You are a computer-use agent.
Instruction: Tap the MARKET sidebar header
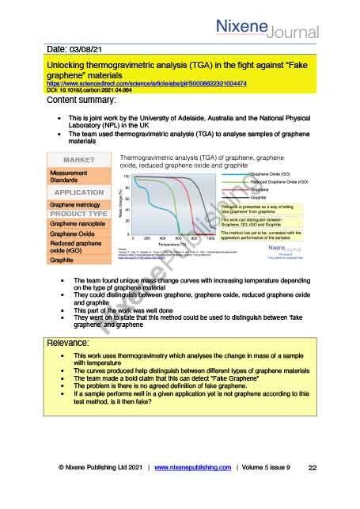point(78,160)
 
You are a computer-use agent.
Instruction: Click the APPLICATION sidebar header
point(78,192)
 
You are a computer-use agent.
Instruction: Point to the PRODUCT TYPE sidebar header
point(78,214)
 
